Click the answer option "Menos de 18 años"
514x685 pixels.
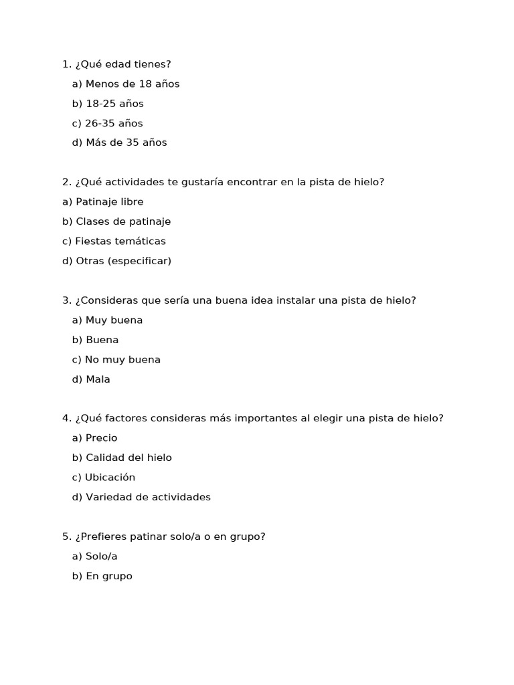coord(133,84)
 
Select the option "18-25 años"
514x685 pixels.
coord(114,104)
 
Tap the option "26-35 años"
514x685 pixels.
coord(113,123)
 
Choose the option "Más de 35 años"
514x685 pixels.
coord(126,142)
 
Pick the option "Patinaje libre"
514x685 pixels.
coord(109,202)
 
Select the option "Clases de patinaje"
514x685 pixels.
coord(123,221)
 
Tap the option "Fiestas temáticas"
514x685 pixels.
coord(120,241)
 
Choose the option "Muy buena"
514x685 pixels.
coord(114,320)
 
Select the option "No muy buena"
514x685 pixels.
coord(122,360)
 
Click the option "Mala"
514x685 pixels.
coord(98,379)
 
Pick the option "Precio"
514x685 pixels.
coord(101,438)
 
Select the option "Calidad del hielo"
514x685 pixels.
coord(128,458)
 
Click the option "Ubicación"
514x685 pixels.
coord(110,478)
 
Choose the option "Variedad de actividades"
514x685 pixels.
coord(148,497)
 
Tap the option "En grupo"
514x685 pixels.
coord(108,576)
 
